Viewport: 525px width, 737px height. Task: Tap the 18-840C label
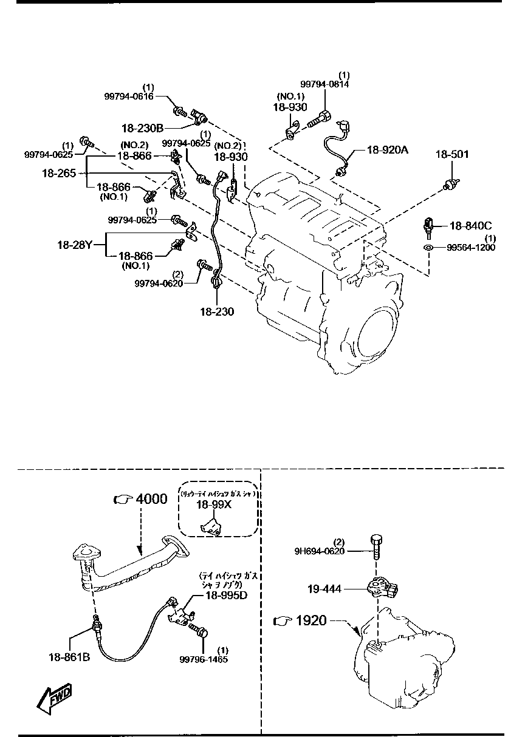pos(470,226)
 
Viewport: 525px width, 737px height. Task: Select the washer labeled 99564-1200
pos(428,248)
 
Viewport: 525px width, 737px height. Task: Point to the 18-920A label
pos(387,149)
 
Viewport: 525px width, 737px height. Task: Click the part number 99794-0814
pos(324,85)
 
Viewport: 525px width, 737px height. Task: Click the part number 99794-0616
pos(128,96)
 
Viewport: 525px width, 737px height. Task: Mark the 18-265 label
pos(58,173)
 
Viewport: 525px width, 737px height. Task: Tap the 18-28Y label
pos(74,245)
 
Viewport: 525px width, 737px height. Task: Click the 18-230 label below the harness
pos(216,311)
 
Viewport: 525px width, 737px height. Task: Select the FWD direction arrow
pos(53,699)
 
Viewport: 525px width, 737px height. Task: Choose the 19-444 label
pos(324,588)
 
